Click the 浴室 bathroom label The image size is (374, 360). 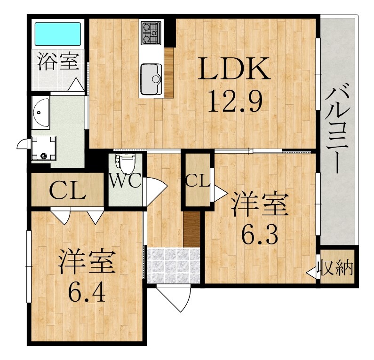[x=58, y=63]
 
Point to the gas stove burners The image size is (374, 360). [x=151, y=32]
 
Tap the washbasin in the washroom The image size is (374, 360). [x=41, y=113]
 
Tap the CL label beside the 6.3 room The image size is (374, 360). [x=198, y=180]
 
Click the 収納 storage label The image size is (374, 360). [x=335, y=268]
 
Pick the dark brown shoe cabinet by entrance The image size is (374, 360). [x=192, y=229]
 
